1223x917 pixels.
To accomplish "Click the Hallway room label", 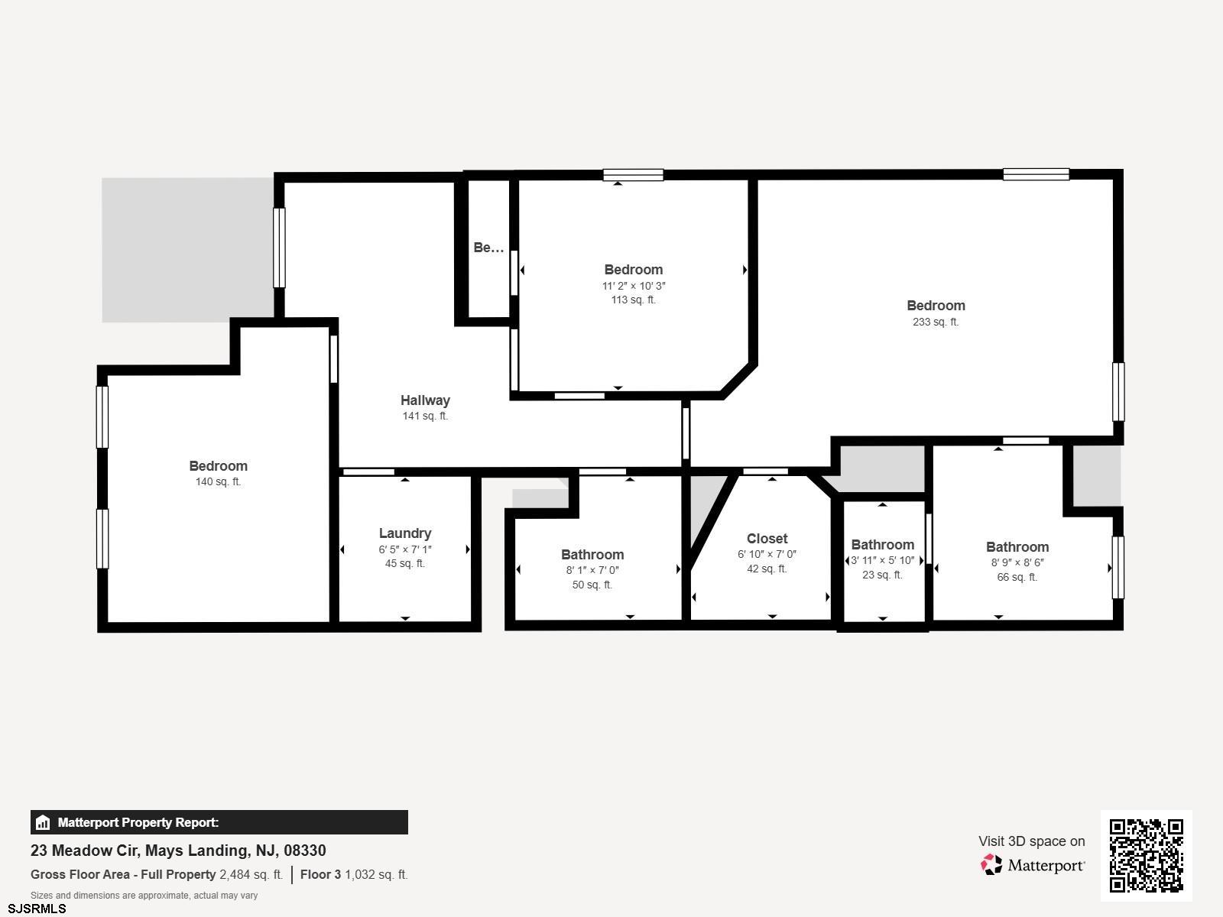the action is coord(425,400).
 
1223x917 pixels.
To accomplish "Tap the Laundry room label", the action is coord(405,533).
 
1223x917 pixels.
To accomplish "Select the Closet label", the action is coord(767,539).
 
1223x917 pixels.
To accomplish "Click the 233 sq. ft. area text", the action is coord(936,322).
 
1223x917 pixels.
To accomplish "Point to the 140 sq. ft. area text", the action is coord(218,481).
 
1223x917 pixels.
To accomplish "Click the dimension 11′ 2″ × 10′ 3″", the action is coord(634,286).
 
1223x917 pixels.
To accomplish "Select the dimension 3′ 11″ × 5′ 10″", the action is coord(883,560).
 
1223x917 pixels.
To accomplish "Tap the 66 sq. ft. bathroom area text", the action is coord(1017,578).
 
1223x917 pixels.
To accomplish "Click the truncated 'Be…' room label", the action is coord(488,248).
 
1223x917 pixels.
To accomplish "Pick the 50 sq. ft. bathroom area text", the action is coord(592,585).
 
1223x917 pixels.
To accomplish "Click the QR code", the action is coord(1146,856).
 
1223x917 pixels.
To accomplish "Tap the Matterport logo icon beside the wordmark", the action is coord(991,865).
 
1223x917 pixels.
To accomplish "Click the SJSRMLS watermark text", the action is coord(37,909).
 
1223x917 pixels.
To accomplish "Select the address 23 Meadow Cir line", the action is coord(178,851).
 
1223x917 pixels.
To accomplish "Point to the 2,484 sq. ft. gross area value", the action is coord(251,875).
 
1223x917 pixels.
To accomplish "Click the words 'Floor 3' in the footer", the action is coord(320,875).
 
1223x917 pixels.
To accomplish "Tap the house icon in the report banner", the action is coord(43,822).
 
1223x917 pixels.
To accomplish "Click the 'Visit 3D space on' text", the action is coord(1031,841).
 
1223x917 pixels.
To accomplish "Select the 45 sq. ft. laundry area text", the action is coord(405,563).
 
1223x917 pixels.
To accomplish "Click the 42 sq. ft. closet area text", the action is coord(767,569).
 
